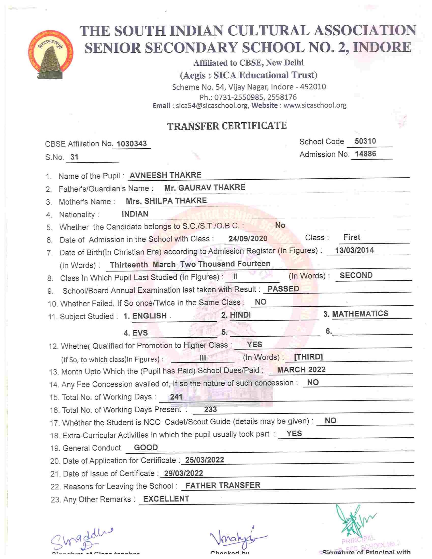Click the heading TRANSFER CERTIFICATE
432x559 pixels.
tap(227, 126)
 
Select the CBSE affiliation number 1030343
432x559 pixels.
tap(132, 144)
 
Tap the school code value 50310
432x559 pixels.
tap(365, 141)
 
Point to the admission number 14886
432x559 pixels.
tap(365, 154)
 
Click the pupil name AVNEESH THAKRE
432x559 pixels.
tap(165, 175)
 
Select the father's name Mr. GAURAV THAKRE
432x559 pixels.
tap(205, 188)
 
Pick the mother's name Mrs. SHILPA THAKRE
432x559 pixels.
tap(166, 201)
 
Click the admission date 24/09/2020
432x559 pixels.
tap(248, 239)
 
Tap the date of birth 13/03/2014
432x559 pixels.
tap(354, 250)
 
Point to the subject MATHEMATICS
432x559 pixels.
tap(360, 314)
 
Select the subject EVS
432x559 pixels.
tap(140, 333)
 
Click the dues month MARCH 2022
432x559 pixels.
tap(301, 370)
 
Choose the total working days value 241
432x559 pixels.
tap(176, 397)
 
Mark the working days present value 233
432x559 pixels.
tap(210, 410)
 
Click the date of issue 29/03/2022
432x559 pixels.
tap(183, 473)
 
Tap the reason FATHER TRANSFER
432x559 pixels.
tap(223, 485)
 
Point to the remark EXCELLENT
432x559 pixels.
tap(166, 499)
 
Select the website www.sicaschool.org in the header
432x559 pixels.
tap(315, 105)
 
